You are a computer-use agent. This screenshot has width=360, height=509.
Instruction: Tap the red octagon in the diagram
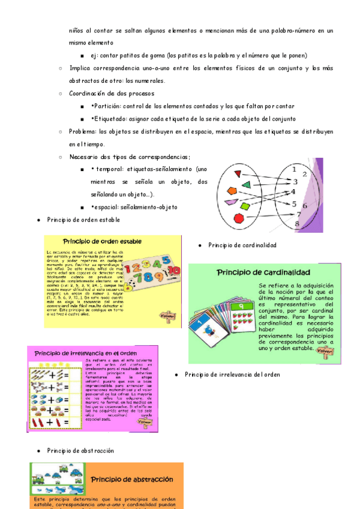click(238, 217)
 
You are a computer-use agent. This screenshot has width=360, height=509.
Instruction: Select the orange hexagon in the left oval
click(232, 191)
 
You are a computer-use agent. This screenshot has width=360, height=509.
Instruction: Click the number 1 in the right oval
click(293, 169)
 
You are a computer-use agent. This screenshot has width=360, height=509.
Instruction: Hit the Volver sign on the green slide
click(324, 350)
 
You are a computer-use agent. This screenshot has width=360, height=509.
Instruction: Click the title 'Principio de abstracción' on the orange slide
click(132, 479)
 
